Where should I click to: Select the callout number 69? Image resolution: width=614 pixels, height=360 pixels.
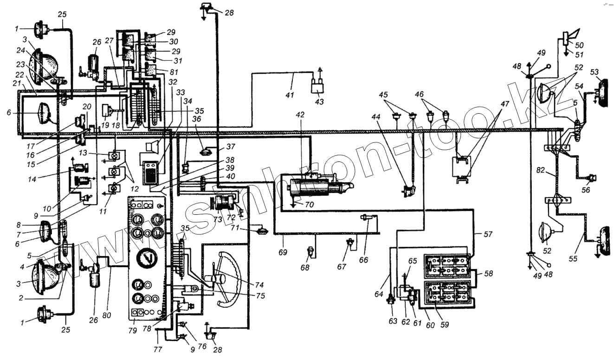pos(283,252)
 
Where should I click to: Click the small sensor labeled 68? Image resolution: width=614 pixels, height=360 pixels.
pos(310,253)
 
